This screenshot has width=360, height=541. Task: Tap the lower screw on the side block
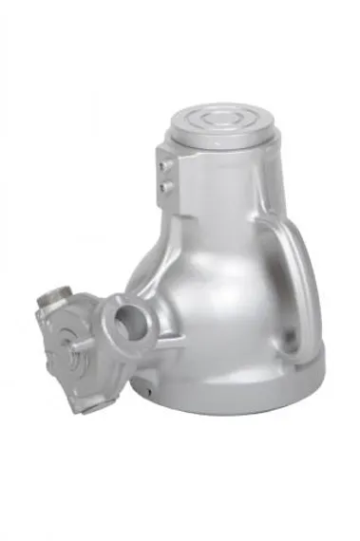(x=167, y=187)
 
